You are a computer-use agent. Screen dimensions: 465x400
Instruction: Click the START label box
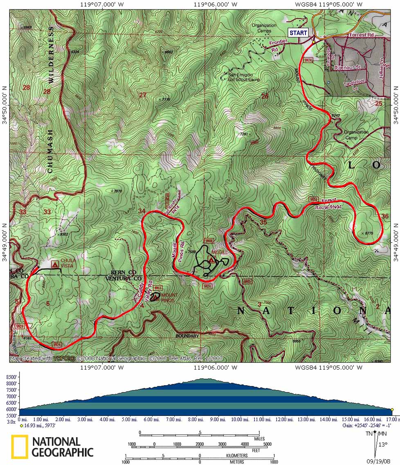(298, 33)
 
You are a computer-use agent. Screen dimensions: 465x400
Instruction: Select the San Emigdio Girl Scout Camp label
(244, 77)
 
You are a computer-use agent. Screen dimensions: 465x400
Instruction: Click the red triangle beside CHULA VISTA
(55, 265)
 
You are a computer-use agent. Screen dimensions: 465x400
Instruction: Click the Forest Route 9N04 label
(329, 204)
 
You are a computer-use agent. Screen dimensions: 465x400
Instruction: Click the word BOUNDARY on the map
(187, 336)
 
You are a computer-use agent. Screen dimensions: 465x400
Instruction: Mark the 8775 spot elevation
(367, 233)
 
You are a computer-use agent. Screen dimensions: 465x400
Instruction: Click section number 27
(143, 96)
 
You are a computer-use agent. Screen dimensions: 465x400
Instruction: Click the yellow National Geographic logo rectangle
(20, 446)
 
